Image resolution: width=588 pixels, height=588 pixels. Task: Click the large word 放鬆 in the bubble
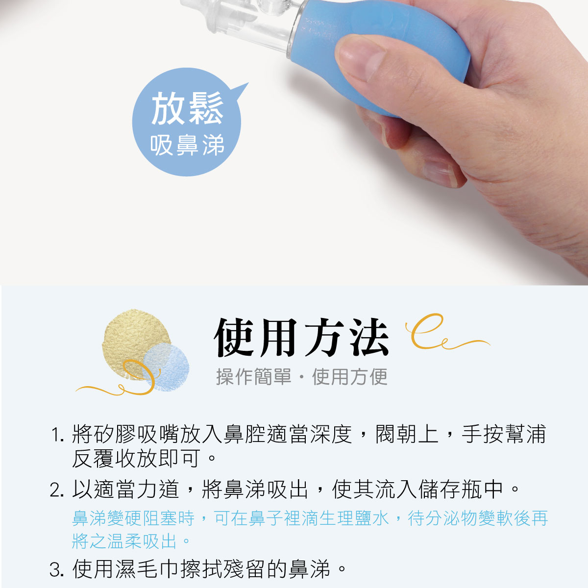187,108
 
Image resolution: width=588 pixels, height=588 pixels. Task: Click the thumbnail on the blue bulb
362,57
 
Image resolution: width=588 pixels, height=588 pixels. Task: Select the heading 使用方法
301,337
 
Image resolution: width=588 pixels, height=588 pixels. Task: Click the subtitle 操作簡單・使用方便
302,376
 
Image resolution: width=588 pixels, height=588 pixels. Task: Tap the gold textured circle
136,343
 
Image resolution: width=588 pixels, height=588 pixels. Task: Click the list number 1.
57,435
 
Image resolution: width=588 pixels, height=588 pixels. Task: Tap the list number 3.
57,569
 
